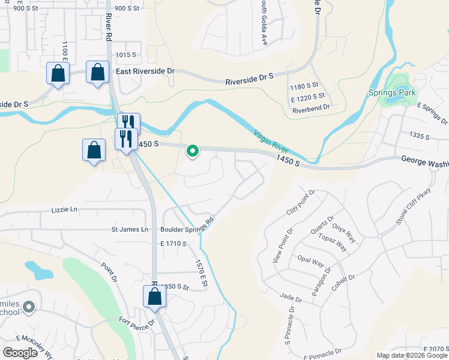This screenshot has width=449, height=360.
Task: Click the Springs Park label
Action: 393,94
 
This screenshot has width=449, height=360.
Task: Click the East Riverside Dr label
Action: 145,71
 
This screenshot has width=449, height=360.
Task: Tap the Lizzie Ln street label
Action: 65,209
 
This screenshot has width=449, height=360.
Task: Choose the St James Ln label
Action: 130,229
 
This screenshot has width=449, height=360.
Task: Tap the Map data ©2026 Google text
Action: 411,355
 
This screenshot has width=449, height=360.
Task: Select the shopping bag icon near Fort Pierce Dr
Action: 154,296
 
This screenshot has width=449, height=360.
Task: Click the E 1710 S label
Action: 174,244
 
